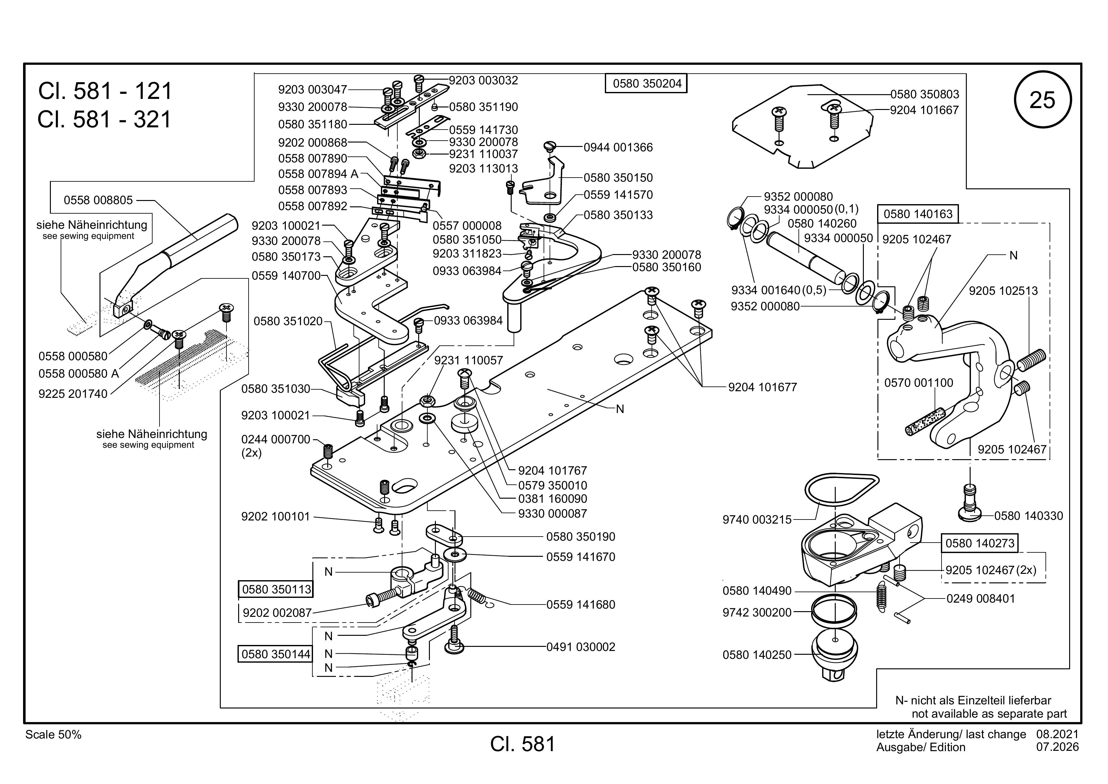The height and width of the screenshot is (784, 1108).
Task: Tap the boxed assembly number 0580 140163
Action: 918,214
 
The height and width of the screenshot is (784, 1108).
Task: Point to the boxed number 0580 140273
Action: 980,543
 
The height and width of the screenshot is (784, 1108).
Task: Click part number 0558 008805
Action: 99,200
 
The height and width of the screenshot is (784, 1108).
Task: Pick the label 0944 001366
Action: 618,147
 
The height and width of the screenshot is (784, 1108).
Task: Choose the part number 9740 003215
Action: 757,520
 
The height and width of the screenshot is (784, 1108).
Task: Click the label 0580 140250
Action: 757,655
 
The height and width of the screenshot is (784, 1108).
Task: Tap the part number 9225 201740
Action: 73,393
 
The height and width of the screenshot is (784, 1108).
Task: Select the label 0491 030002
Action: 581,647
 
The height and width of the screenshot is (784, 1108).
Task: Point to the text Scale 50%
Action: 54,735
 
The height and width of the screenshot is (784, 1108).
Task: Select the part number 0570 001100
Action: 919,383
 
